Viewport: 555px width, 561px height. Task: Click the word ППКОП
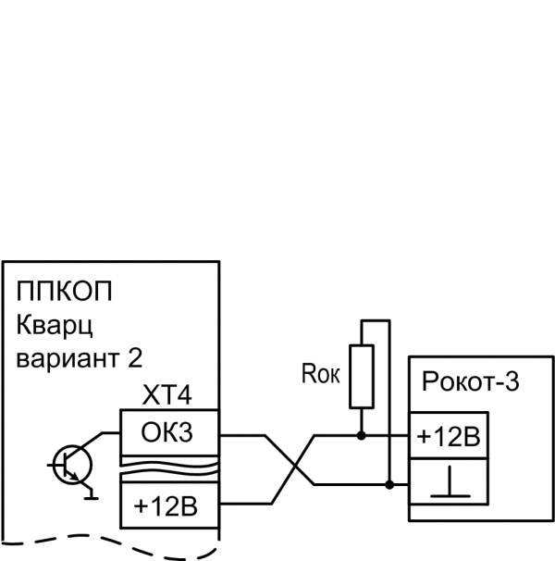point(64,294)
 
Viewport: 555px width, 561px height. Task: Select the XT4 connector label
point(168,396)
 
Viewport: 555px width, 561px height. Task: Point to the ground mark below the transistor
point(90,496)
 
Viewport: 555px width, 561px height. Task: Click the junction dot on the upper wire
point(361,433)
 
